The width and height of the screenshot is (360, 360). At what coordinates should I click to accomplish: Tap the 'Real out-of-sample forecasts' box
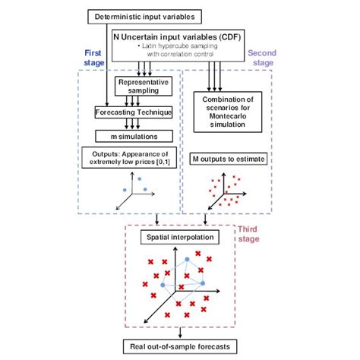point(181,347)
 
